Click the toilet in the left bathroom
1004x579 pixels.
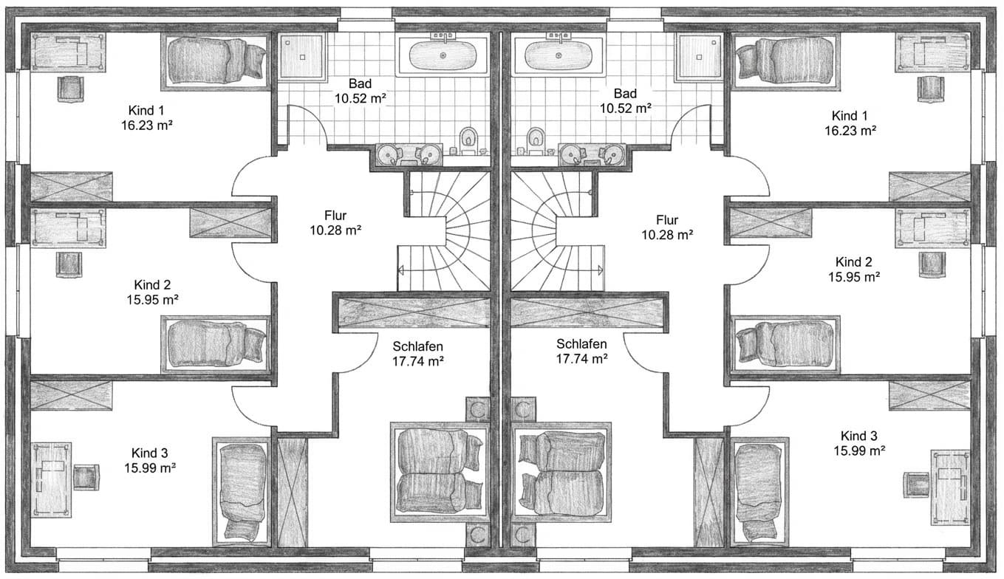pyautogui.click(x=468, y=141)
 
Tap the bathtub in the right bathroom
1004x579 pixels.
pyautogui.click(x=558, y=55)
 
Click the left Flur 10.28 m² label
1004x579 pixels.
pyautogui.click(x=335, y=223)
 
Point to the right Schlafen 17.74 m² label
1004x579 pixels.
pyautogui.click(x=581, y=352)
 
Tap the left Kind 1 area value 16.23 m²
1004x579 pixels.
pyautogui.click(x=146, y=126)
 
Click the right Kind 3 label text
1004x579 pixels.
pyautogui.click(x=858, y=436)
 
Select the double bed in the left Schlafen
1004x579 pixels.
pyautogui.click(x=440, y=472)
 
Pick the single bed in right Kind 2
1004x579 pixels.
pyautogui.click(x=785, y=345)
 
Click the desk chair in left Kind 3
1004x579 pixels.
pyautogui.click(x=86, y=477)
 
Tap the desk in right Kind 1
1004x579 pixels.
pyautogui.click(x=932, y=52)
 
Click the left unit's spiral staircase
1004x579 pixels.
pyautogui.click(x=445, y=231)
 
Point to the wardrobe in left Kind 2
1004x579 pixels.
pyautogui.click(x=230, y=223)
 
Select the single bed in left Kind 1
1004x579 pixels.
pyautogui.click(x=216, y=61)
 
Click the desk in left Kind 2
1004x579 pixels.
pyautogui.click(x=69, y=227)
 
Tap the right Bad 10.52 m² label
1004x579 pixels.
pyautogui.click(x=625, y=101)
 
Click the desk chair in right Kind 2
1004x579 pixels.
pyautogui.click(x=932, y=264)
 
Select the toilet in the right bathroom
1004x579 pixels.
pyautogui.click(x=535, y=141)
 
